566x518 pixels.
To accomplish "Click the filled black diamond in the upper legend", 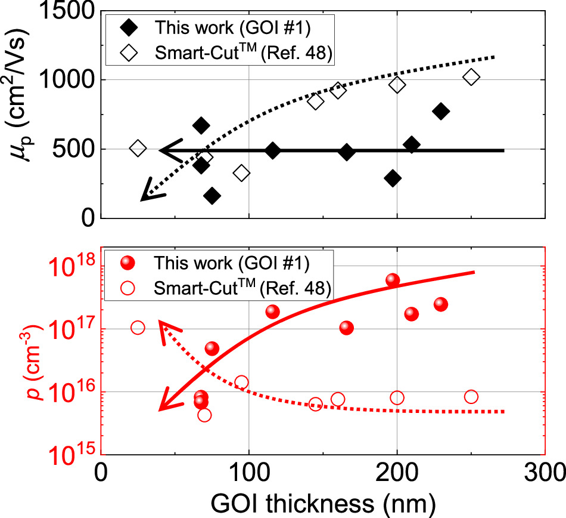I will coord(126,28).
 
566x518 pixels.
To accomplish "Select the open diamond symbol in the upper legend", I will coord(126,54).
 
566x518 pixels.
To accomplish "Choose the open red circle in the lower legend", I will coord(126,289).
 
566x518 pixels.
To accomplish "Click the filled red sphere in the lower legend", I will coord(126,263).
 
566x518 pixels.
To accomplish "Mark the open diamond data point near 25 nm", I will coord(138,148).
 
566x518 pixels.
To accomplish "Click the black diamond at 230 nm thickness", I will coord(441,111).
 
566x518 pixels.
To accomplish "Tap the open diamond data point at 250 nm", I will coord(471,77).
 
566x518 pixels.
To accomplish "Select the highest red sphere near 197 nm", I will coord(393,280).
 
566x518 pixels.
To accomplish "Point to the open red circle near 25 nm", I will coord(138,328).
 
